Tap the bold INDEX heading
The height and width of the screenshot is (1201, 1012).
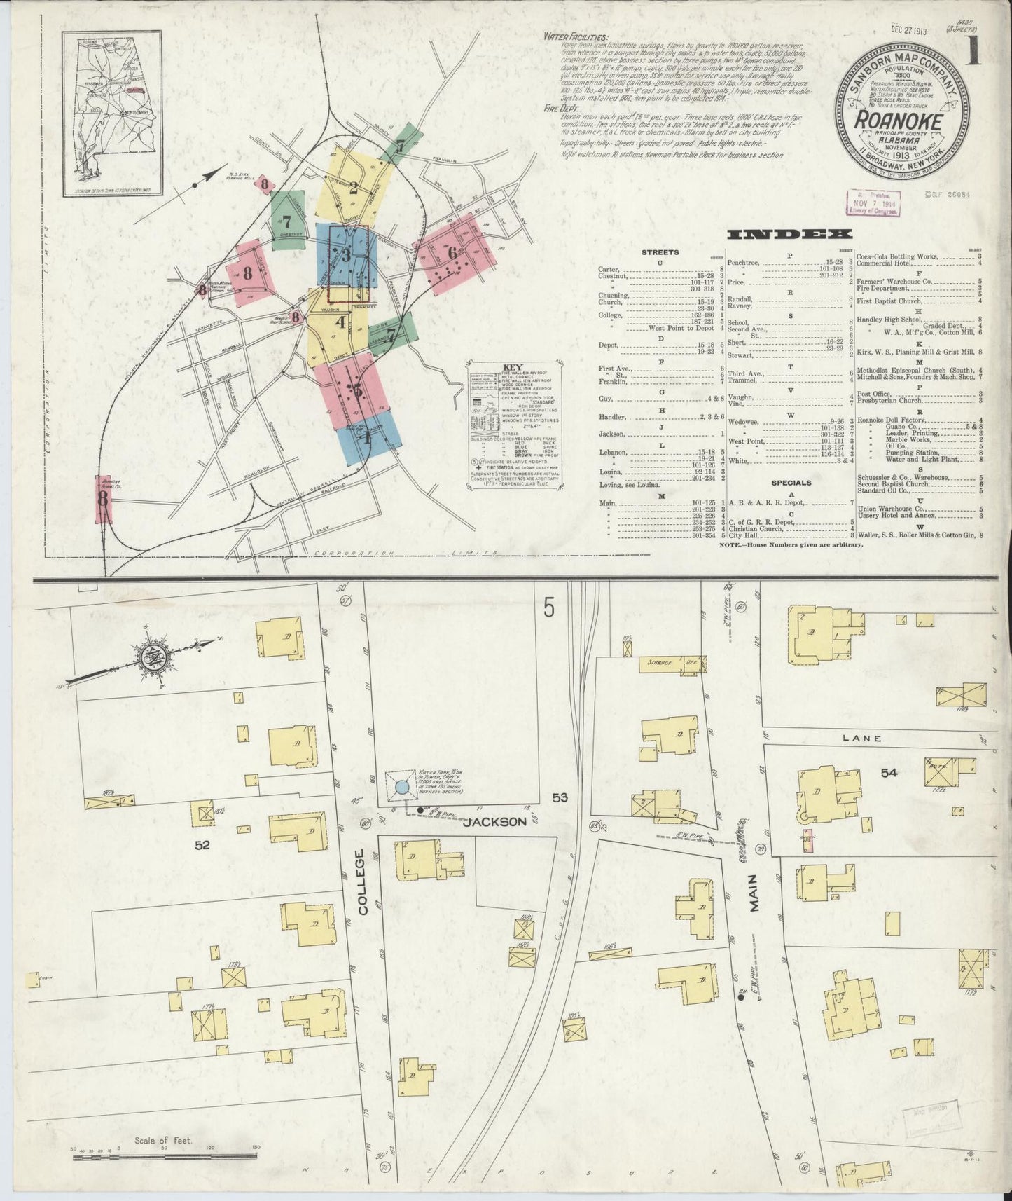pyautogui.click(x=789, y=234)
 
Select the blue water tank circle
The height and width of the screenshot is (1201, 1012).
pyautogui.click(x=402, y=787)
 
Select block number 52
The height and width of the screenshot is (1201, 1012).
pyautogui.click(x=203, y=845)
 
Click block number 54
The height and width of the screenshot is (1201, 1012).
pyautogui.click(x=889, y=773)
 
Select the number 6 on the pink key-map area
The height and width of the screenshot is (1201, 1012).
pyautogui.click(x=452, y=252)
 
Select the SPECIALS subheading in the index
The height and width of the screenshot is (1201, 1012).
pyautogui.click(x=791, y=483)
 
